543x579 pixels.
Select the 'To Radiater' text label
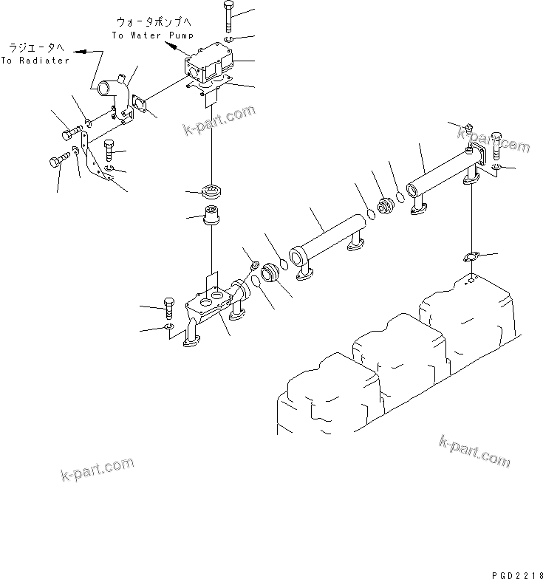click(x=35, y=61)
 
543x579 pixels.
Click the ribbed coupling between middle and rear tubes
click(x=384, y=207)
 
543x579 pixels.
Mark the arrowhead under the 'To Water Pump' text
click(x=171, y=46)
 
